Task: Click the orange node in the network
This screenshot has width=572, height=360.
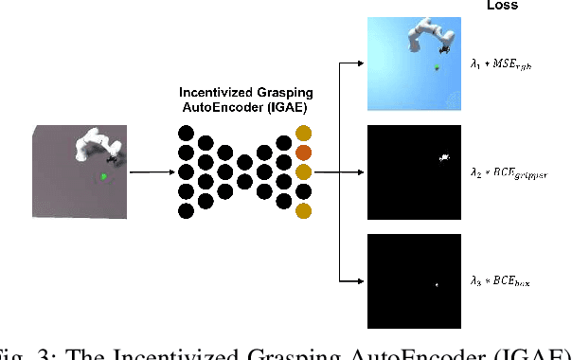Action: tap(304, 153)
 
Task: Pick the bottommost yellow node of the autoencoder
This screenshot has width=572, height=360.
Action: tap(304, 210)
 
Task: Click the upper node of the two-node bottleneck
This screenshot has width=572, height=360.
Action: tap(245, 163)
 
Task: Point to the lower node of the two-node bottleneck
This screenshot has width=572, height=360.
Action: tap(245, 182)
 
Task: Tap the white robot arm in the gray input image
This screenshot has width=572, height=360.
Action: tap(95, 146)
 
